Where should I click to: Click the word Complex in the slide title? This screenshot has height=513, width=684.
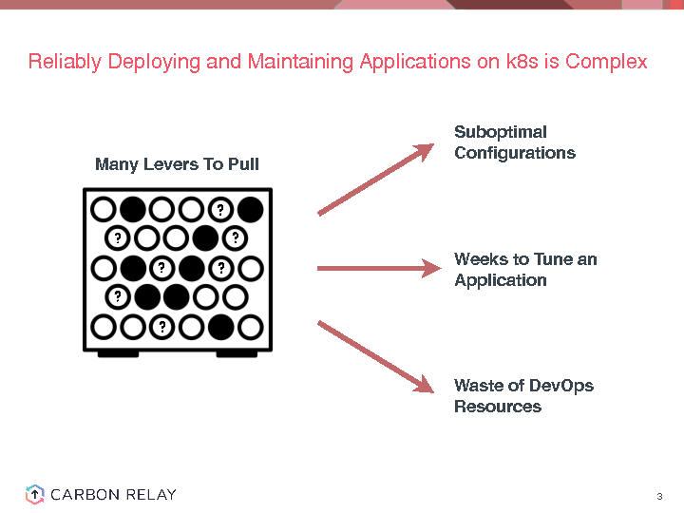coord(606,63)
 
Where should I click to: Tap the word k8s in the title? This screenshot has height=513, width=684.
coord(503,63)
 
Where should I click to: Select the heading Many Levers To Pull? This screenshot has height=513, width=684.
coord(177,164)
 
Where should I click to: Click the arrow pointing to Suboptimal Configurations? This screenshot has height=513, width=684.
coord(374,179)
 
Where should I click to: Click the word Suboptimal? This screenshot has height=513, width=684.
coord(501,132)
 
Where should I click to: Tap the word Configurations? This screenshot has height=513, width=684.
coord(515,153)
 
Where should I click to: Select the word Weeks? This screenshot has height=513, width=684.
coord(479,259)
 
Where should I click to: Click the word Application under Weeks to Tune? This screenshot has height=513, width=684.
coord(501,280)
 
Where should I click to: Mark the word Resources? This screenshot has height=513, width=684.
coord(498,407)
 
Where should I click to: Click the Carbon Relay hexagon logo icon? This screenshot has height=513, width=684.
coord(34,494)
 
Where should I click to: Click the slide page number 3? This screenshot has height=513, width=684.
coord(658,497)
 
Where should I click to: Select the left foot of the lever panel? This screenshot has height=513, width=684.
coord(119,353)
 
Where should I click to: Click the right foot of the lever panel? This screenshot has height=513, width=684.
coord(237,353)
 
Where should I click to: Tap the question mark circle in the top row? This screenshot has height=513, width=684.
coord(220,209)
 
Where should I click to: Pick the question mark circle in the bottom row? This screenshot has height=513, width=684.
coord(162,328)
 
